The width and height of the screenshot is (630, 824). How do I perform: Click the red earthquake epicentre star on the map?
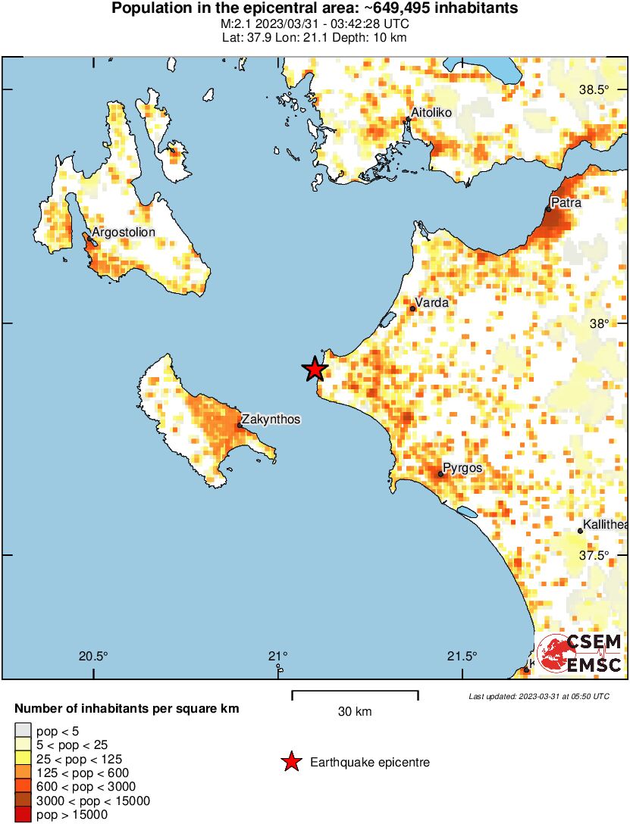tap(315, 369)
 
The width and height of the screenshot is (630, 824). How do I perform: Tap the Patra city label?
tap(566, 203)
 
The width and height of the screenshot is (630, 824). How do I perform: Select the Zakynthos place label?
tap(272, 419)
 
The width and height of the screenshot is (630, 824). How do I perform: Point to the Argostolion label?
tap(123, 233)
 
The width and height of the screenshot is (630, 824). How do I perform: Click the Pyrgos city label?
tap(462, 469)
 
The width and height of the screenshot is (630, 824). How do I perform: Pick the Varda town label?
tap(432, 303)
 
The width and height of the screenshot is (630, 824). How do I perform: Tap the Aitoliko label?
tap(431, 113)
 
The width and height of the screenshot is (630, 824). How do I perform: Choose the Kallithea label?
tap(605, 525)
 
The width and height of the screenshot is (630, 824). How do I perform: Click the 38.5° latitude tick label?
tap(594, 90)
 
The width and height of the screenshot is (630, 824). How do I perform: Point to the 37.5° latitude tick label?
tap(594, 555)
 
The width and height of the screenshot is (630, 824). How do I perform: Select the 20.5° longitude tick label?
tap(94, 656)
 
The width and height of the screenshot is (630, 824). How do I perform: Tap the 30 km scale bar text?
tap(354, 712)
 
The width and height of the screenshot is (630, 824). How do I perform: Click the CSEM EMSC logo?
tap(580, 654)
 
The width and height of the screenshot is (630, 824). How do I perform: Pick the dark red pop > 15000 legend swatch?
tap(24, 814)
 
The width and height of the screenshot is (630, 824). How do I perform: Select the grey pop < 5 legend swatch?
tap(24, 731)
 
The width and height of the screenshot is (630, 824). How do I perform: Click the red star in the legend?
tap(291, 763)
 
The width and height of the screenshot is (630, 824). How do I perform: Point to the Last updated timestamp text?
tap(538, 696)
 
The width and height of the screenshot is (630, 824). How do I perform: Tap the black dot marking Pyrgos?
tap(440, 474)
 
